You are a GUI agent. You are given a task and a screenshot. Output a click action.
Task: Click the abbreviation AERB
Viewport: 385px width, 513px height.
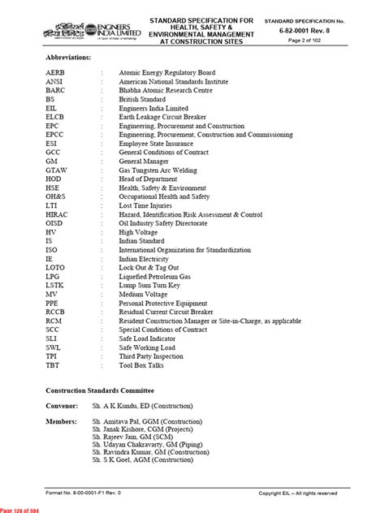(x=57, y=73)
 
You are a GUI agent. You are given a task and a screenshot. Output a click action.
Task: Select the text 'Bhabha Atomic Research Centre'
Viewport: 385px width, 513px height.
(x=167, y=93)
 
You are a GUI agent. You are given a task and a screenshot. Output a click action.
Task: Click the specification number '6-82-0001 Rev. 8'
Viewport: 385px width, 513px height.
(x=332, y=28)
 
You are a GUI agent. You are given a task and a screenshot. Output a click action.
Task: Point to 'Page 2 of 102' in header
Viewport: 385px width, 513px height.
(x=332, y=38)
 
